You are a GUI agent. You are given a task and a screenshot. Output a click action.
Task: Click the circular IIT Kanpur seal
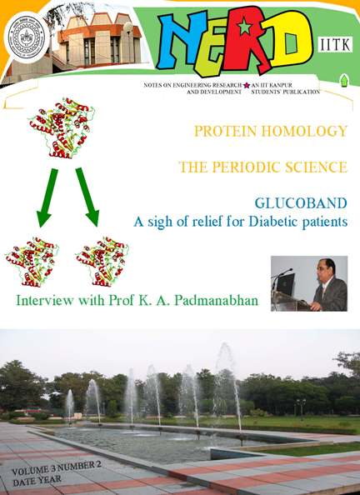[27, 37]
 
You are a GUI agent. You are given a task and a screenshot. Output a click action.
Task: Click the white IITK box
[335, 44]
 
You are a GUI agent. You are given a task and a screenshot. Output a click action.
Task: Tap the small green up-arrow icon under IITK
[344, 80]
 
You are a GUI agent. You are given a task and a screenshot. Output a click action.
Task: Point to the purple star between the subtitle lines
[247, 85]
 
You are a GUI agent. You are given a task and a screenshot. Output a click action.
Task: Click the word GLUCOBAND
[301, 203]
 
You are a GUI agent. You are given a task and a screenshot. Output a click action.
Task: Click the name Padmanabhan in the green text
[217, 301]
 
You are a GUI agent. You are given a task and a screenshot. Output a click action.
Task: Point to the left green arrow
[47, 197]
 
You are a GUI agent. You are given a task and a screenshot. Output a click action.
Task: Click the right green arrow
[87, 197]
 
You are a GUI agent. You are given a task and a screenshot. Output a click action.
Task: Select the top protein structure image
[62, 127]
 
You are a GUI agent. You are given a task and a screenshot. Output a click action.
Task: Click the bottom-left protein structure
[32, 262]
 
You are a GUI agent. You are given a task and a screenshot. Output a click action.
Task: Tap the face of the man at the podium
[329, 269]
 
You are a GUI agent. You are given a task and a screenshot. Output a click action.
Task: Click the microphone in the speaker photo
[282, 273]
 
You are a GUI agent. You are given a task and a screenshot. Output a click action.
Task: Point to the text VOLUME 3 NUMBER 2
[57, 469]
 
